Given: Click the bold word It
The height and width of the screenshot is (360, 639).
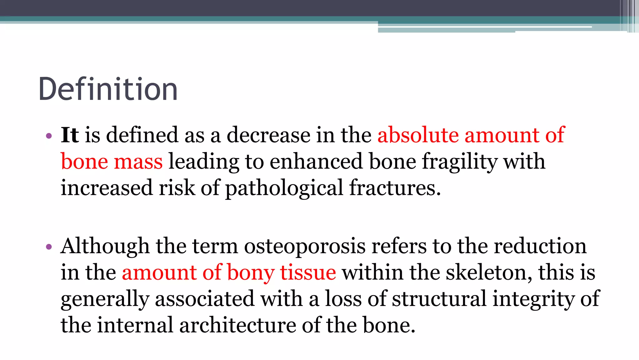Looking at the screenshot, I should click(70, 135).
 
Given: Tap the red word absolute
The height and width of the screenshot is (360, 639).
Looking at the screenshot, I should click(418, 135).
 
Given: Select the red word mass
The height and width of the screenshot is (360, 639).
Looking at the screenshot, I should click(138, 162).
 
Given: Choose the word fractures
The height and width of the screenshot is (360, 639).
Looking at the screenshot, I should click(395, 188).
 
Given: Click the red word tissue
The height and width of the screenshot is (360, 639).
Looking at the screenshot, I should click(308, 272).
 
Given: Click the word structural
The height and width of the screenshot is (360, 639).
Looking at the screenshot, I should click(439, 299).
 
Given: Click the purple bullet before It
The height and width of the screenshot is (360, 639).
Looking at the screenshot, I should click(48, 136).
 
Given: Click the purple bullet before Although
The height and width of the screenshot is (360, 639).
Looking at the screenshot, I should click(48, 247).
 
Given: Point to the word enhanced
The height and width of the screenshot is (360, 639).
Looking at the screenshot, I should click(316, 162).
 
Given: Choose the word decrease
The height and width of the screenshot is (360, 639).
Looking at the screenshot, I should click(268, 135).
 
